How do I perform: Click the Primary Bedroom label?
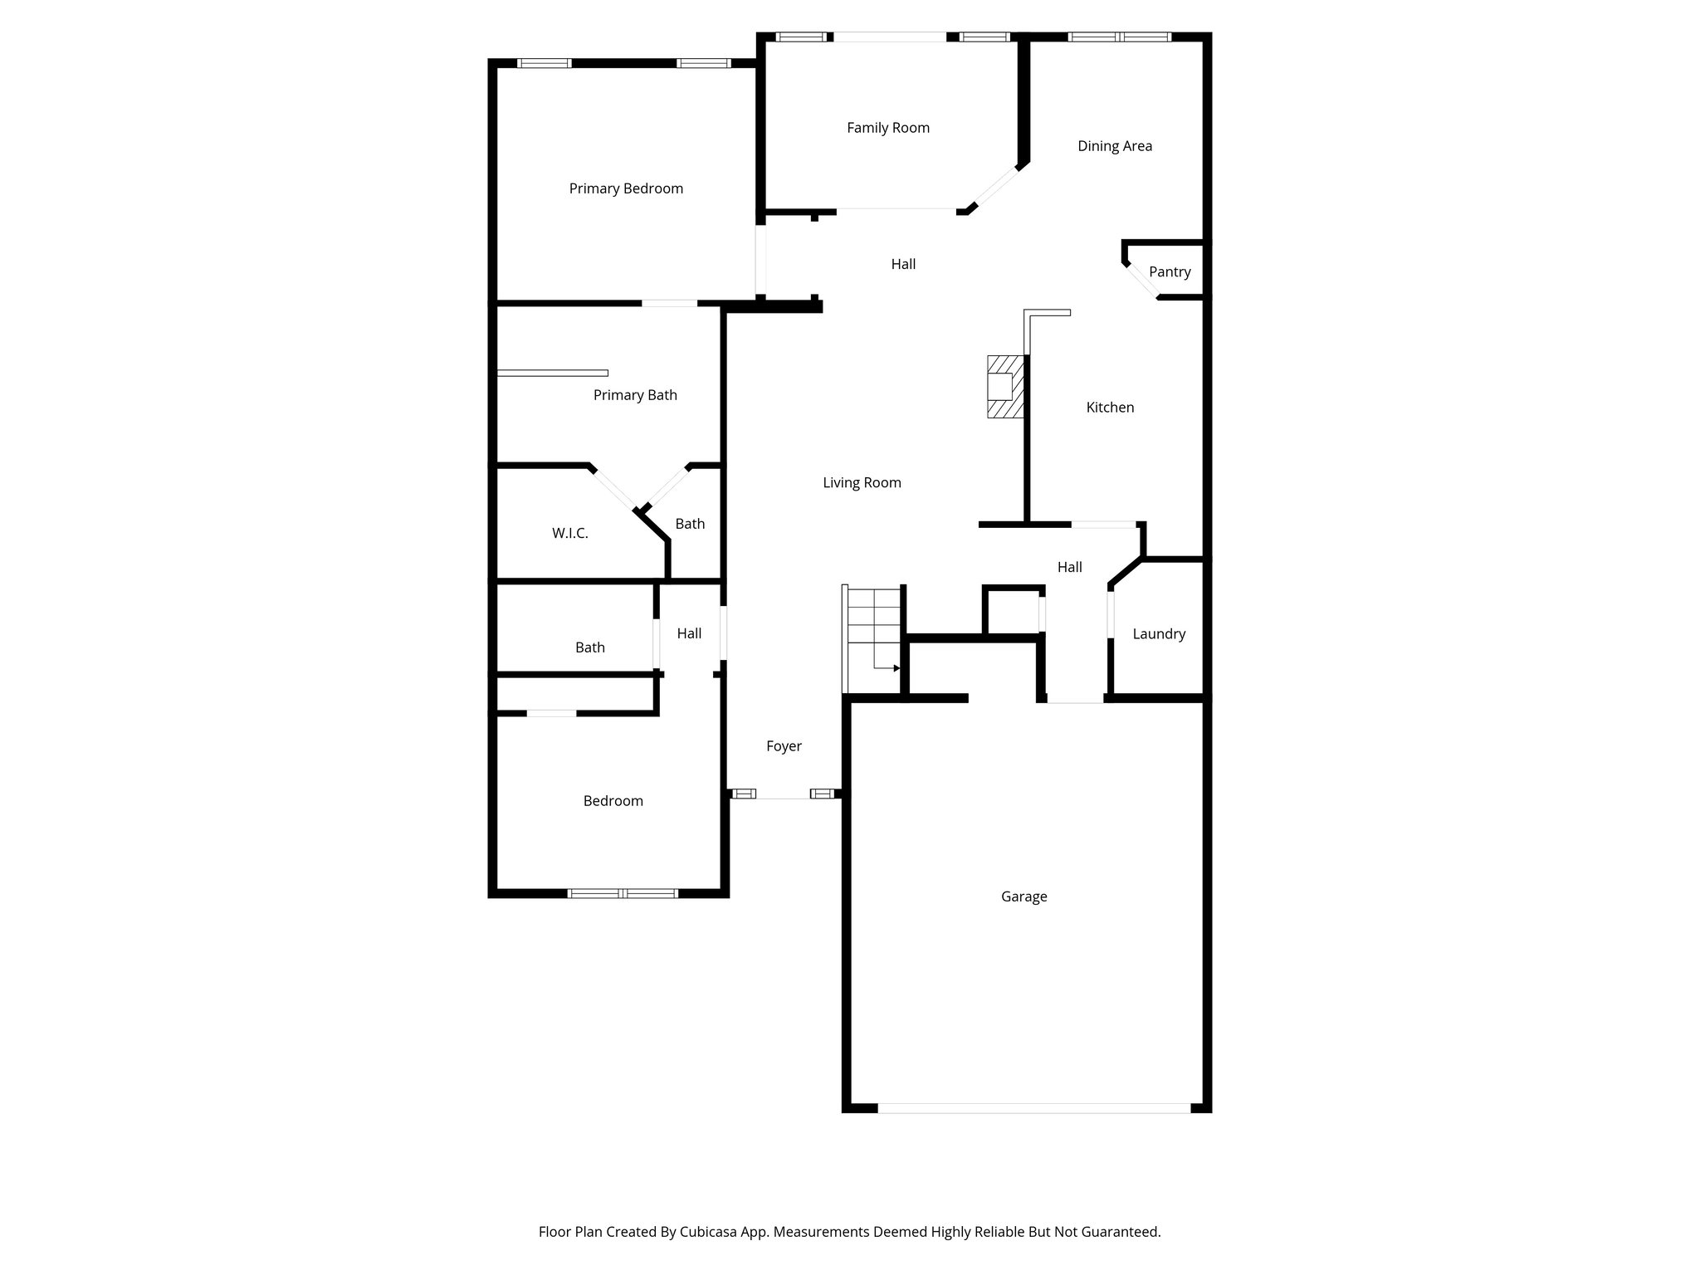coord(626,188)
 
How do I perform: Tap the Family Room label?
coord(887,128)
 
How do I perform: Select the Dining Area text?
coord(1114,146)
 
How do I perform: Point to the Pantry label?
coord(1170,271)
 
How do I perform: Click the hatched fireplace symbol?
coord(1005,387)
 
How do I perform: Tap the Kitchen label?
coord(1110,408)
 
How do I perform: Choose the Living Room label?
coord(862,482)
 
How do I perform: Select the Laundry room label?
coord(1159,634)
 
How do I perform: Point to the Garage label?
coord(1023,896)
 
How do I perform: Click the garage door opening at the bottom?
coord(1033,1108)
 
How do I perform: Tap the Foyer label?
coord(784,746)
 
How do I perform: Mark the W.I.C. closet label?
coord(569,533)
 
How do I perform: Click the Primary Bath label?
coord(635,395)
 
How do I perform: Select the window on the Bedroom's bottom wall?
coord(623,893)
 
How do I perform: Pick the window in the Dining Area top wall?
coord(1120,37)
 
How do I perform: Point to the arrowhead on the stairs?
coord(896,668)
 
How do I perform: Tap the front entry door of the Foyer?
coord(784,794)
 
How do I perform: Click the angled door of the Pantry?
coord(1142,280)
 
